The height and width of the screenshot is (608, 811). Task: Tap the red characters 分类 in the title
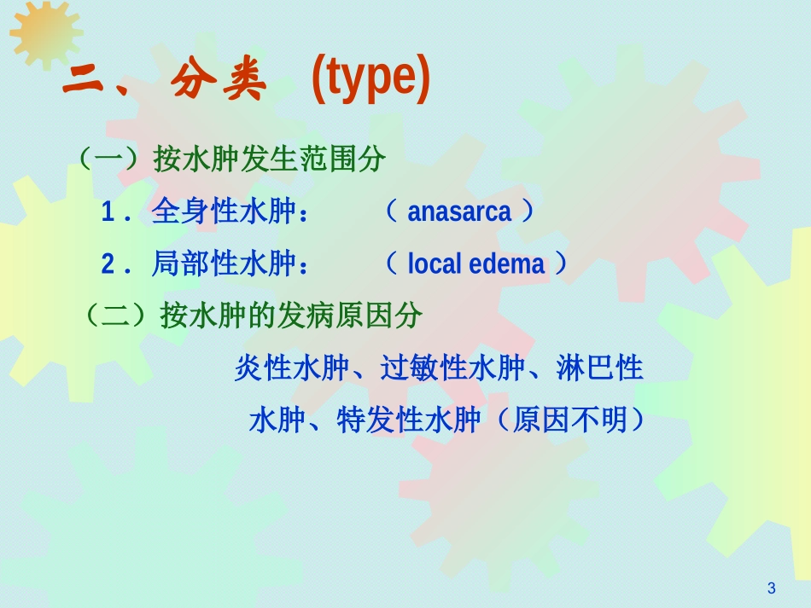[219, 84]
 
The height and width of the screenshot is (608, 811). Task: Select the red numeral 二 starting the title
[86, 84]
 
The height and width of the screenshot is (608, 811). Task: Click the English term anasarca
[459, 212]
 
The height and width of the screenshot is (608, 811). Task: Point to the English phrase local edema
[476, 264]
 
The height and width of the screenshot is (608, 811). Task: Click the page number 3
[772, 588]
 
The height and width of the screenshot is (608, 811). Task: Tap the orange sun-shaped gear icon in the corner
[44, 32]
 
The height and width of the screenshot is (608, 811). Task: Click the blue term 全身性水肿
[223, 212]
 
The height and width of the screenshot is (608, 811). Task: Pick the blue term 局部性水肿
[223, 264]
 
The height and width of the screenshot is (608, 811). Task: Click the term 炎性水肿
[291, 369]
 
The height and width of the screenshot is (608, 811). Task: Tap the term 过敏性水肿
[452, 369]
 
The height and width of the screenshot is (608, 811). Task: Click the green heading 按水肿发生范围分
[270, 159]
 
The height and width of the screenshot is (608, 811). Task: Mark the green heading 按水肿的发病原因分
[291, 316]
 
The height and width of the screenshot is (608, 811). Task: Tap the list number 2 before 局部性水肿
[108, 265]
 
